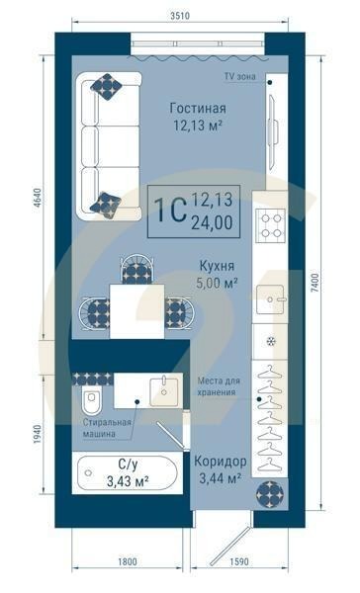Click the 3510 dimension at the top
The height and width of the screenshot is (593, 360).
click(x=180, y=15)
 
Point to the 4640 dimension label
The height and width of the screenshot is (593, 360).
click(x=39, y=195)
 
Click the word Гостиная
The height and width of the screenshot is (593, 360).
click(x=198, y=108)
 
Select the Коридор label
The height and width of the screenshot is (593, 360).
click(x=219, y=462)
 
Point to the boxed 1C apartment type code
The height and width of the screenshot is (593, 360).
click(x=171, y=212)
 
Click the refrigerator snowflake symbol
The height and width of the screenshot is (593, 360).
click(x=269, y=342)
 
